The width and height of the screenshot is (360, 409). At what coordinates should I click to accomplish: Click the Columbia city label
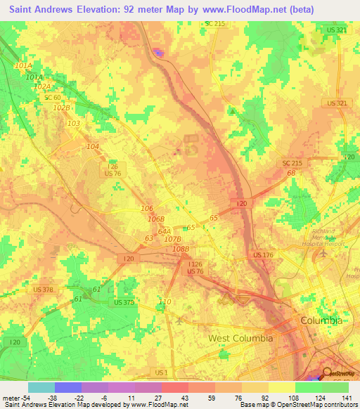(x=321, y=320)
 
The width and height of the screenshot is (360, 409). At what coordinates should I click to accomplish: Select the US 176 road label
(x=264, y=254)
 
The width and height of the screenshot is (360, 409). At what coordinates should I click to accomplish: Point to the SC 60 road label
(x=52, y=98)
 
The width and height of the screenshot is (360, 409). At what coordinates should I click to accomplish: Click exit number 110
(x=165, y=301)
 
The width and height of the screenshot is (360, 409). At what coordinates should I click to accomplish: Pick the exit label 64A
(x=165, y=231)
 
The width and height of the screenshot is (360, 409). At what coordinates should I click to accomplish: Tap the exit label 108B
(x=181, y=249)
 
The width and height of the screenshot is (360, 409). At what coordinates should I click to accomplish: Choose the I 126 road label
(x=195, y=263)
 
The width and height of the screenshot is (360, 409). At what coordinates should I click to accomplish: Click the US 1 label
(x=161, y=372)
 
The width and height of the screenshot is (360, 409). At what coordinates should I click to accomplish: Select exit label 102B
(x=62, y=108)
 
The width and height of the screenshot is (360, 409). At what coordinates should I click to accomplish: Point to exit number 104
(x=92, y=146)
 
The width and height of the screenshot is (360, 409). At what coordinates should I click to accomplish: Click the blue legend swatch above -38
(x=68, y=387)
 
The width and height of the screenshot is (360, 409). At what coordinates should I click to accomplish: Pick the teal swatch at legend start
(x=41, y=387)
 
